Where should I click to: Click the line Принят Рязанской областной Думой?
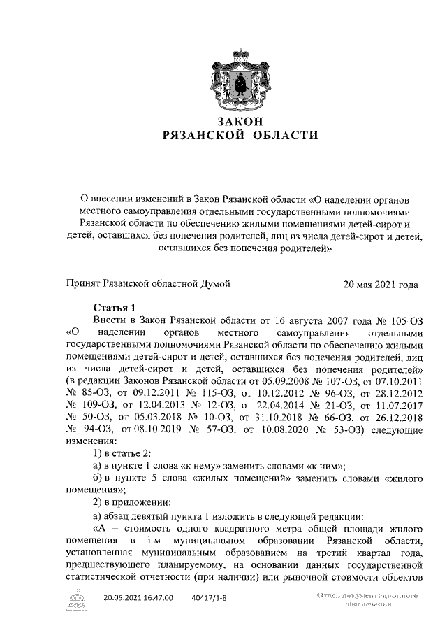148,284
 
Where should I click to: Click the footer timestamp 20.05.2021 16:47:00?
138,597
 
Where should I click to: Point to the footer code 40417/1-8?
212,597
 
